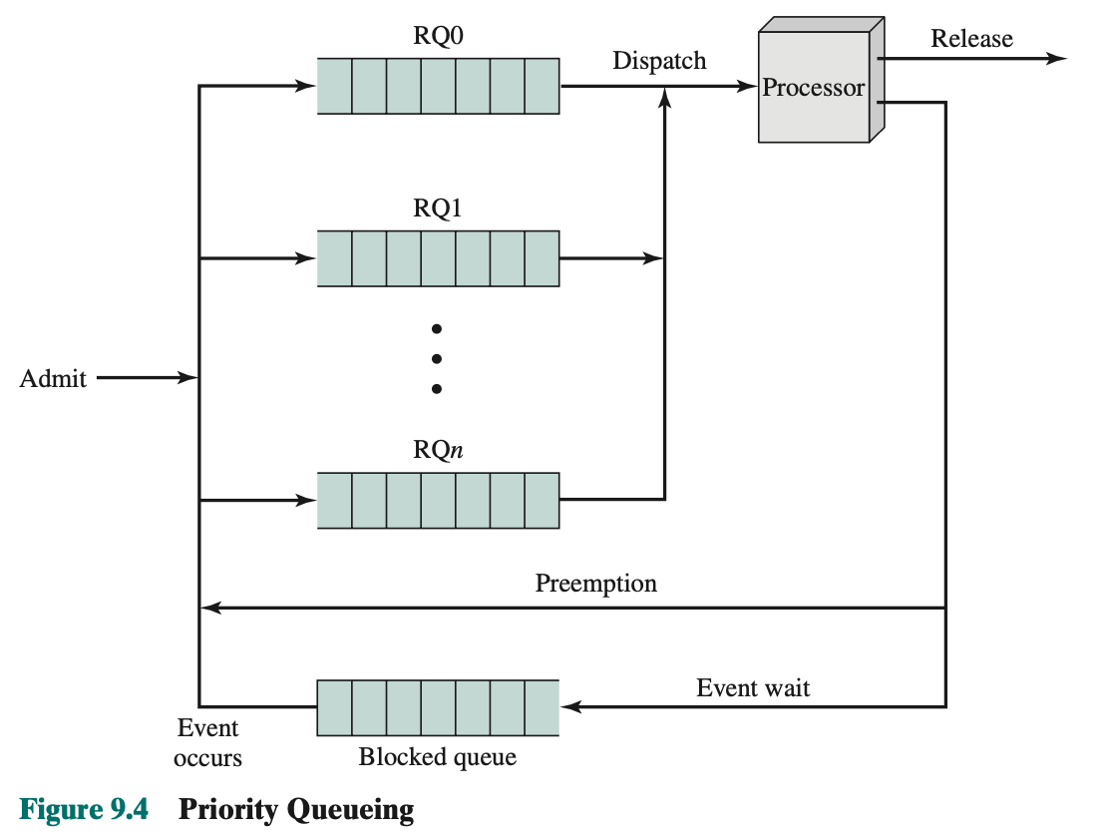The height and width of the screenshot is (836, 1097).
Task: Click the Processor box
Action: pos(814,88)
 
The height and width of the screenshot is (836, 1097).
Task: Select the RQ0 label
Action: pos(439,36)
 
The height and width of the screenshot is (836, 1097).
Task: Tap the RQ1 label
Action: pos(439,209)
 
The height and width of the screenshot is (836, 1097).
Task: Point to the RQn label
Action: pos(439,450)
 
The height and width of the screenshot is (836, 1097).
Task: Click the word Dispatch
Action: pos(659,61)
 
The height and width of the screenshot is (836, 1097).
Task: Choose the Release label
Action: pos(971,39)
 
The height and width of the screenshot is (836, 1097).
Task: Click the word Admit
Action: pos(53,379)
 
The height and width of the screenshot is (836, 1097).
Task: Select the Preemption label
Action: pos(596,584)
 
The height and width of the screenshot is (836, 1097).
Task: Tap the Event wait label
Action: pos(753,688)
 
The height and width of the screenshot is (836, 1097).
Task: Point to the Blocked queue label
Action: pos(438,757)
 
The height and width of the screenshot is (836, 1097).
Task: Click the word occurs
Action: pos(207,759)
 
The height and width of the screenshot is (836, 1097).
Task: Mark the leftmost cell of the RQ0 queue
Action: pos(335,86)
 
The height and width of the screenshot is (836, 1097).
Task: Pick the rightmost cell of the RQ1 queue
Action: pos(542,258)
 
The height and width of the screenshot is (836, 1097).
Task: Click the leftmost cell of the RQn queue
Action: pos(335,500)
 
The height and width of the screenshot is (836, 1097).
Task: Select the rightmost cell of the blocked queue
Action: pos(542,707)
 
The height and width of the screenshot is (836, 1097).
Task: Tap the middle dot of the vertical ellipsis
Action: pos(436,359)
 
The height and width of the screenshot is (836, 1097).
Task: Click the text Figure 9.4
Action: pos(84,808)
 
